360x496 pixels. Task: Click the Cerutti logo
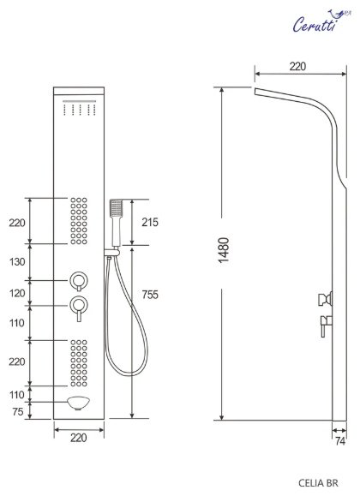click(321, 21)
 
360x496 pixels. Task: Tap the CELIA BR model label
click(318, 483)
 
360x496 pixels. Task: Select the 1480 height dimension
click(224, 250)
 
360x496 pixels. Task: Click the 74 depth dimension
click(340, 441)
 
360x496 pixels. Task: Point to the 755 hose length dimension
click(150, 295)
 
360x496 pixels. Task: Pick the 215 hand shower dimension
click(150, 223)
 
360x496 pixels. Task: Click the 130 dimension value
click(17, 261)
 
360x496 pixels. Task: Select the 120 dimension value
click(17, 293)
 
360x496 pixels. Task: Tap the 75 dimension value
click(18, 411)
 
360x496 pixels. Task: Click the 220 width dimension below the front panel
click(78, 438)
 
